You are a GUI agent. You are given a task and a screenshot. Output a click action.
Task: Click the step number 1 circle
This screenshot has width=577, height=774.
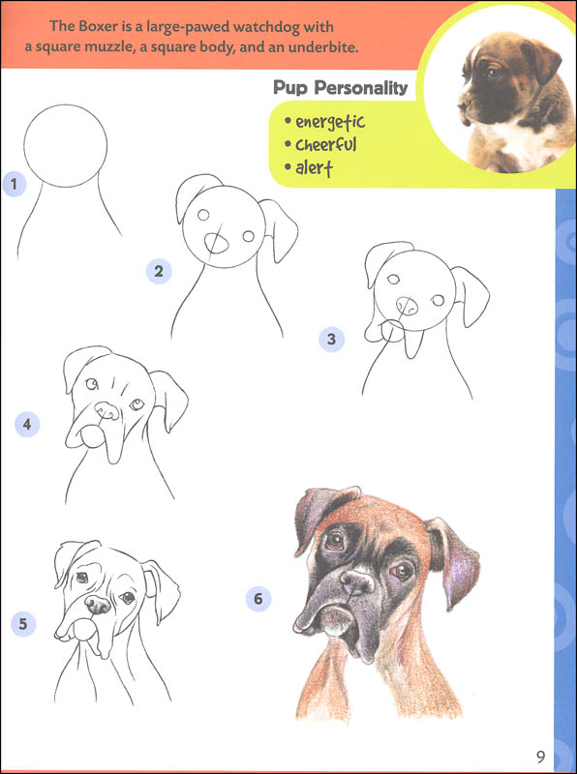[x=13, y=184]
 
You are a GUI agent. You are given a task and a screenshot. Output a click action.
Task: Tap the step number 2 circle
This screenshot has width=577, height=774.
[x=158, y=270]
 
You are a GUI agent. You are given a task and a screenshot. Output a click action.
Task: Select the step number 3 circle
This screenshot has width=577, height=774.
[x=331, y=339]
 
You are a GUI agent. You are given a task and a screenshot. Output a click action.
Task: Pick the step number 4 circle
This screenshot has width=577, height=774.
[x=27, y=423]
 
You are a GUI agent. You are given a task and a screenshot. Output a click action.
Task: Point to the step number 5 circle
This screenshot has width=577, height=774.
[x=23, y=623]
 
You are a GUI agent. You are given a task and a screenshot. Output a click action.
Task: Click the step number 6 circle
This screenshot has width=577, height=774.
[x=258, y=599]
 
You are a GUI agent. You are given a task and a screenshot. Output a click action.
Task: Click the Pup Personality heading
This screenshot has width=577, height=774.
[x=340, y=89]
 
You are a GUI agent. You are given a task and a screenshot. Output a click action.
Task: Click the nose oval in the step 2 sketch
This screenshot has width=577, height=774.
[x=220, y=243]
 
